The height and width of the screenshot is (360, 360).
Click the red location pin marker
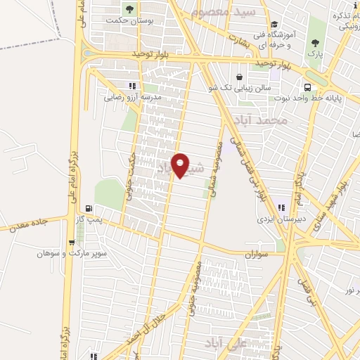tap(180, 165)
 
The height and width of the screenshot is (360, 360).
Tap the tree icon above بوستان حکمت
tap(129, 9)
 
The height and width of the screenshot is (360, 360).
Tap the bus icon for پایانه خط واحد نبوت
tap(307, 87)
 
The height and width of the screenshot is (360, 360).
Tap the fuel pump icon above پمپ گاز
tap(88, 208)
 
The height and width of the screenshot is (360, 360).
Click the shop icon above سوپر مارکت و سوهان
tap(71, 243)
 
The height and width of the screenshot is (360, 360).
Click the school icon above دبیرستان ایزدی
tap(281, 207)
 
